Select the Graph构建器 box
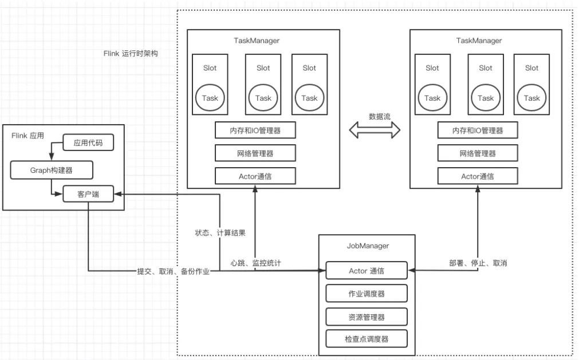[x=52, y=169]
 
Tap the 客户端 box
[x=88, y=195]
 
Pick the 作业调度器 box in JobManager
[x=367, y=294]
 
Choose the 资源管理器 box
[x=367, y=317]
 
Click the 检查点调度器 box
[x=367, y=339]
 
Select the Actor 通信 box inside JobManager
[x=367, y=271]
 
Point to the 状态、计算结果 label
[x=220, y=233]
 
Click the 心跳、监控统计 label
[x=255, y=263]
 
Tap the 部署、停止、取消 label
[x=478, y=263]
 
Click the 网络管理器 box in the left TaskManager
[x=255, y=153]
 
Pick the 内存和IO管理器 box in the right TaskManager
[x=478, y=130]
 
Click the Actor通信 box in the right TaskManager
[x=478, y=176]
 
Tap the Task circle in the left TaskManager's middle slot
[x=263, y=98]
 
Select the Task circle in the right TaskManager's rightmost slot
[x=531, y=98]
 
